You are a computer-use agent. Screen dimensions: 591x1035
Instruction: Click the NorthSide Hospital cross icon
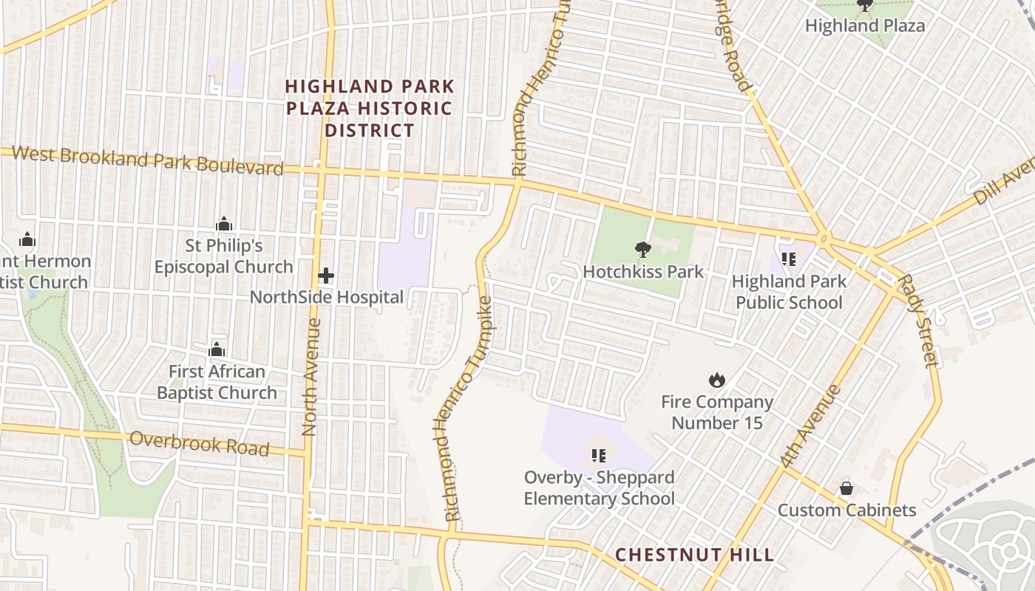325,276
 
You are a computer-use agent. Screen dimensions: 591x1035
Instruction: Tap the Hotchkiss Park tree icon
642,250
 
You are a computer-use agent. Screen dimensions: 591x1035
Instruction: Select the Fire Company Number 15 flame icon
716,380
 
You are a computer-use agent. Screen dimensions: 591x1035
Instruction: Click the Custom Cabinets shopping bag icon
846,488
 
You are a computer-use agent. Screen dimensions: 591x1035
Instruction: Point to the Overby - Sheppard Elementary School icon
599,455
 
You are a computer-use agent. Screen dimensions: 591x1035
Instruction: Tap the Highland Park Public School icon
788,259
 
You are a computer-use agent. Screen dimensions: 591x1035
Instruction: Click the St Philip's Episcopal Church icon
224,224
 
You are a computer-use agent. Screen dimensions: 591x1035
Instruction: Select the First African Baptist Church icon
217,349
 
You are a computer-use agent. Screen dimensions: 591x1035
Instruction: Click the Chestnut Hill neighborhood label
694,554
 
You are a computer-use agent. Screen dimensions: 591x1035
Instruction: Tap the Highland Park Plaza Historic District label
370,109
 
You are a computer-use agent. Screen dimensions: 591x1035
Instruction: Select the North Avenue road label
310,377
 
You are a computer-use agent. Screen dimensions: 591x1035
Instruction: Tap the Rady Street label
917,321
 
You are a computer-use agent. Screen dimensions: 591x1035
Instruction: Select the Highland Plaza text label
864,25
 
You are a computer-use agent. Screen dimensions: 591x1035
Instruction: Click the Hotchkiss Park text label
643,271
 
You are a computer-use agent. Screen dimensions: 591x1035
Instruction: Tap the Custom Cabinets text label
846,510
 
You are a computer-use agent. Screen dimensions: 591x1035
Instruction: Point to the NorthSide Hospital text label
326,297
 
